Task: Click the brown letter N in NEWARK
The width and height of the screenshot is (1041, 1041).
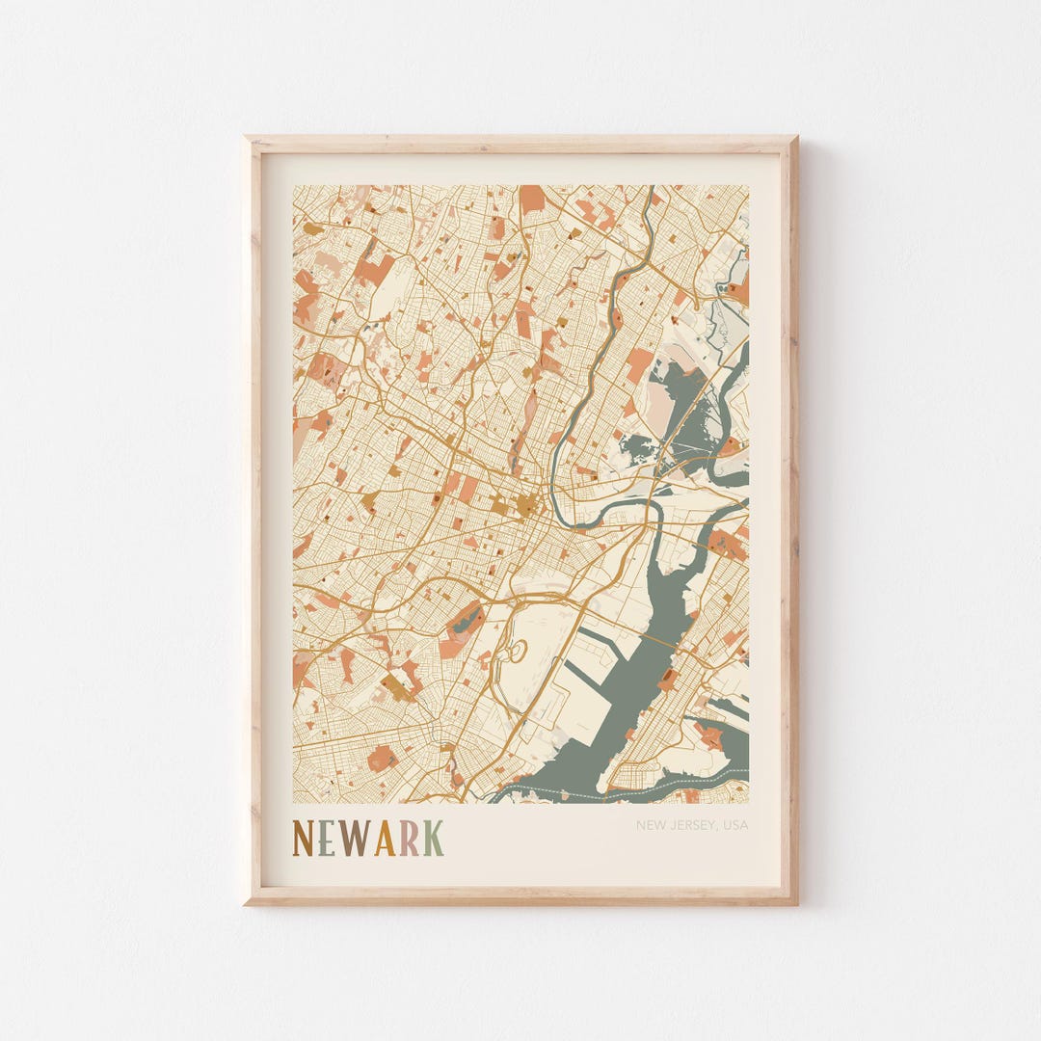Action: (x=304, y=839)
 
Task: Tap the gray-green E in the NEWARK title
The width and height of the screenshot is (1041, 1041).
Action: (x=328, y=839)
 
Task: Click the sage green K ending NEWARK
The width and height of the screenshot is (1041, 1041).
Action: (x=433, y=839)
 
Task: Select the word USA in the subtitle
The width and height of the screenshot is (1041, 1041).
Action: (x=734, y=825)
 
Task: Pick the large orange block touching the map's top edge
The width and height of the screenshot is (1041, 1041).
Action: (x=532, y=198)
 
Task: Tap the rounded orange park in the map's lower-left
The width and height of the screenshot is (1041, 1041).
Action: (x=382, y=758)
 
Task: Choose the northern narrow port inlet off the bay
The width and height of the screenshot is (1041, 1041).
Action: (x=593, y=636)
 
